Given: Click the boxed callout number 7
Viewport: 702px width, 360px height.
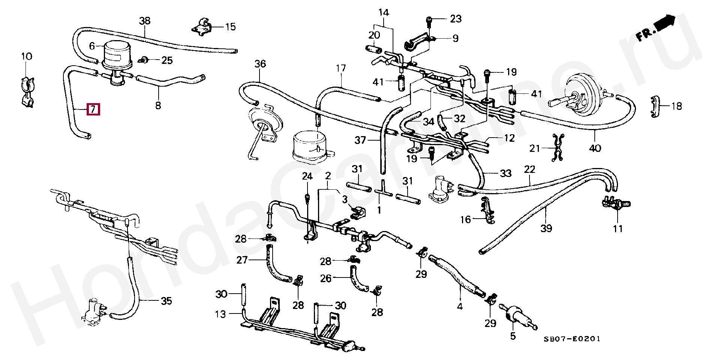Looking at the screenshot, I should click(93, 109).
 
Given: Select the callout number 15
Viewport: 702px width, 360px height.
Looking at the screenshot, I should click(230, 27).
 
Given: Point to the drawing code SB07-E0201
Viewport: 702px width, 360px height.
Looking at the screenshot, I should click(572, 339).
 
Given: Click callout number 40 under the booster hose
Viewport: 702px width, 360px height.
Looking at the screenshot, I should click(595, 148).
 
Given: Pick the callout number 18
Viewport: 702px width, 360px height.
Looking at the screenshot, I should click(676, 106).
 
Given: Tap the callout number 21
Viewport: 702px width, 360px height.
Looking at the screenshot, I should click(535, 148).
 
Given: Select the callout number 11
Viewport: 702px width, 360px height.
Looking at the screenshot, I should click(618, 228).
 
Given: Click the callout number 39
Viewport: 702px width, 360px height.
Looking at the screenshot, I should click(546, 228).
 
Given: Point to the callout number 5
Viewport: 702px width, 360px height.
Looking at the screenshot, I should click(513, 336).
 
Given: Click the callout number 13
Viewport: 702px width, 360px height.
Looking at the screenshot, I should click(220, 314).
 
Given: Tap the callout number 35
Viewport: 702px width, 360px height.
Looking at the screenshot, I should click(166, 301).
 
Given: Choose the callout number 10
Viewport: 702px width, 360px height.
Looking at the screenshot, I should click(26, 57).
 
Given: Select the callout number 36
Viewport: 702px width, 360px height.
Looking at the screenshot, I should click(260, 64).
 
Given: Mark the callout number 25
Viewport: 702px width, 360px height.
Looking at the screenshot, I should click(167, 60).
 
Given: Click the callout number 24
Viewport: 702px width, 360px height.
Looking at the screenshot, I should click(307, 176).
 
